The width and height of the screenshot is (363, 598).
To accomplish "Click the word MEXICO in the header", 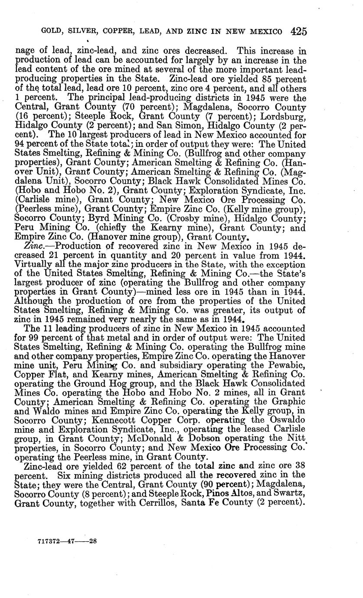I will pyautogui.click(x=264, y=32).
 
